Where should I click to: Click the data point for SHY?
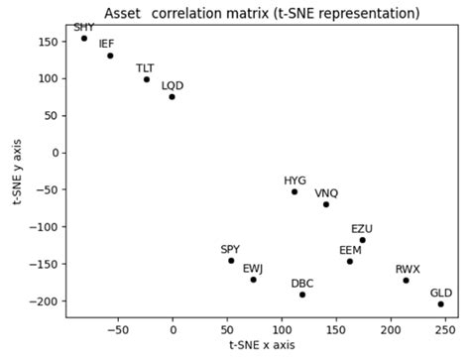84,39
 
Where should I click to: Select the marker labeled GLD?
440,304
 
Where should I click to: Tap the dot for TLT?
146,79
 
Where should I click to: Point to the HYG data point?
294,191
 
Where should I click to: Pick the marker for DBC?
302,295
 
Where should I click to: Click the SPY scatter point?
231,261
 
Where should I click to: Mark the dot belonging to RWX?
406,281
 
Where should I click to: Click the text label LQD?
173,85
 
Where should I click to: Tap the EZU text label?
362,228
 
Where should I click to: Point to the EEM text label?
350,250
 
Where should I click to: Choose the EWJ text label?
253,268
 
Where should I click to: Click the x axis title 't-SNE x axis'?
262,346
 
